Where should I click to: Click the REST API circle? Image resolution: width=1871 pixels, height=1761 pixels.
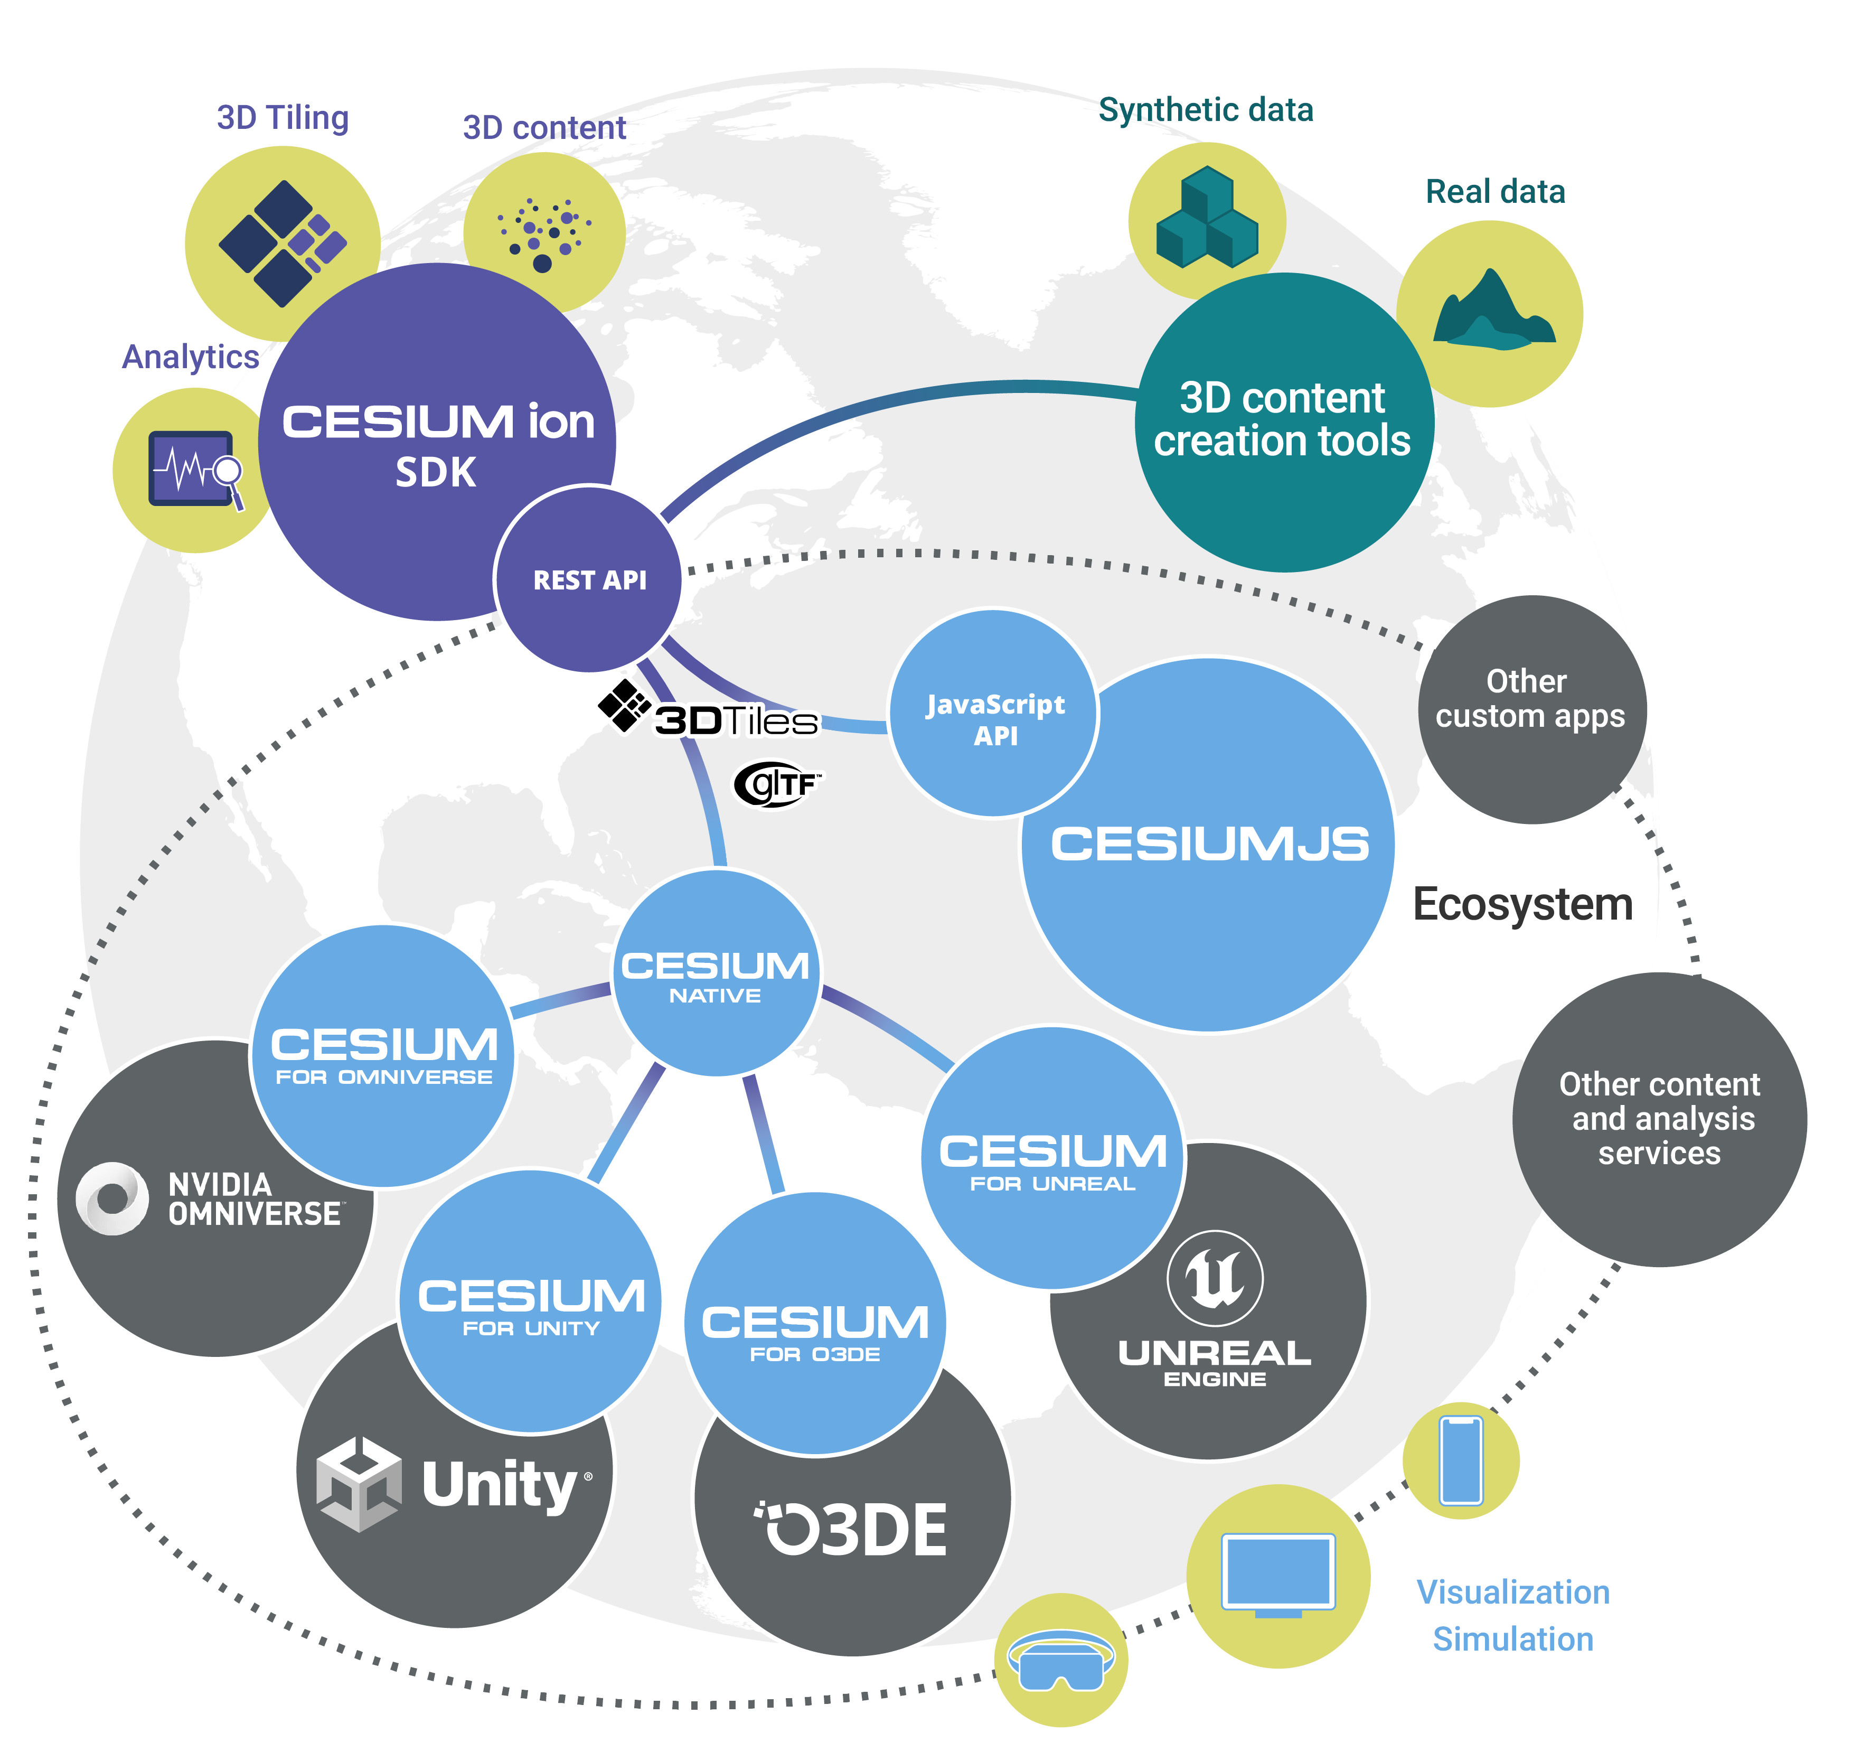(x=588, y=579)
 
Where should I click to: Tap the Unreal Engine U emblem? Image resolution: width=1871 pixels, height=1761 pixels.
(x=1214, y=1277)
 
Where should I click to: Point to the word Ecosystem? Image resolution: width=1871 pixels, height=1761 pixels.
(x=1522, y=904)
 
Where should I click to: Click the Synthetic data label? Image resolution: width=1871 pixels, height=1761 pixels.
(x=1206, y=110)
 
